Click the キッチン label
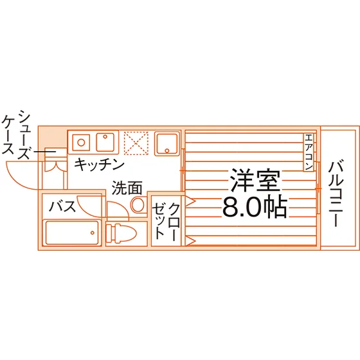click(x=99, y=165)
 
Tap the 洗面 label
click(x=127, y=188)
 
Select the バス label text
click(x=62, y=206)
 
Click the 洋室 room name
click(x=255, y=181)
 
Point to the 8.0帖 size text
click(x=255, y=207)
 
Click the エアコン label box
click(x=309, y=152)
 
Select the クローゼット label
click(x=166, y=221)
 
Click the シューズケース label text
click(x=16, y=135)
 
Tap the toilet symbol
click(x=122, y=233)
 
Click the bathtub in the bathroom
click(x=72, y=233)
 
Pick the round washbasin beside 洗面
click(x=138, y=203)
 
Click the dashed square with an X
click(x=136, y=143)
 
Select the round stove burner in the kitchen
click(x=81, y=143)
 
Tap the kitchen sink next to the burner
click(x=105, y=142)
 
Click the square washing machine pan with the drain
click(x=167, y=143)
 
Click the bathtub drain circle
click(x=93, y=233)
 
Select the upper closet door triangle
click(x=190, y=201)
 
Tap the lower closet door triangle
click(x=190, y=241)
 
